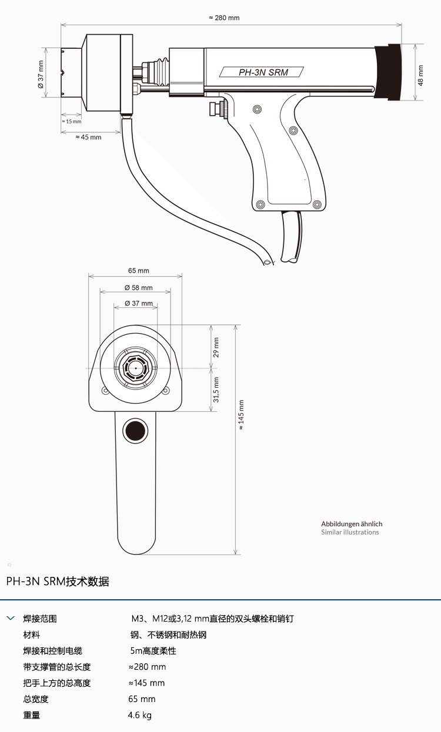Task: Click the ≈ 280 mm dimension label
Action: pos(224,18)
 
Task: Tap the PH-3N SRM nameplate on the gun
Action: pos(262,72)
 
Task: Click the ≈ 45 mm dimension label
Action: pos(88,137)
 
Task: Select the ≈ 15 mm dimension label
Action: pos(71,122)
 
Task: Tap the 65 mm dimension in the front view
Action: pos(139,271)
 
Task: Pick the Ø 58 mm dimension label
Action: pos(138,288)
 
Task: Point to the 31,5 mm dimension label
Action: pos(216,389)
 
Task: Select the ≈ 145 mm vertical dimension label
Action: pos(241,415)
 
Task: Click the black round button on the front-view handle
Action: pos(134,431)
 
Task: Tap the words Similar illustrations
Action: pos(350,532)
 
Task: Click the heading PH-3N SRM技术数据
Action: pos(58,582)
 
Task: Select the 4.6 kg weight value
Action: pos(139,716)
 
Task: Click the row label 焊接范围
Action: pos(40,619)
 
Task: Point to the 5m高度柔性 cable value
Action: pos(153,651)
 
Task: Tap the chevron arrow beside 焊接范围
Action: pos(11,618)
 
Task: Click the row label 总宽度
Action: pos(36,699)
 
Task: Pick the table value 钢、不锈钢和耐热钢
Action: pos(168,635)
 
